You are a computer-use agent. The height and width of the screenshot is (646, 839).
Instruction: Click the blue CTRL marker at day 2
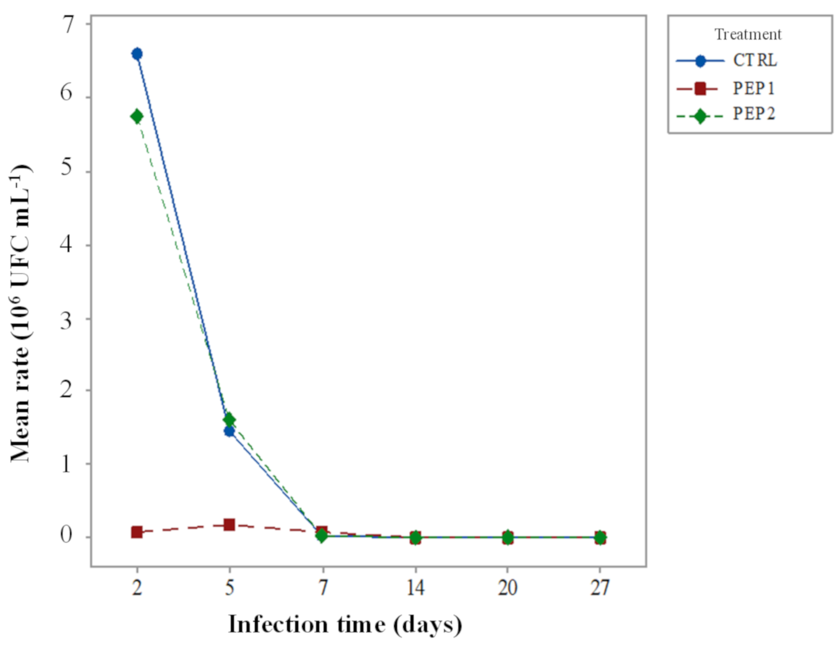[x=137, y=54]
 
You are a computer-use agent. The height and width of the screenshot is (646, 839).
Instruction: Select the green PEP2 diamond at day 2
[x=137, y=116]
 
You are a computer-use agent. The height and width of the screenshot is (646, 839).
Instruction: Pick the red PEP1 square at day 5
[x=229, y=525]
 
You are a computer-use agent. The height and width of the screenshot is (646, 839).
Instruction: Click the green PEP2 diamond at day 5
[x=229, y=420]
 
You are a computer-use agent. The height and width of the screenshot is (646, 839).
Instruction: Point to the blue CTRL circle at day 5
[x=229, y=432]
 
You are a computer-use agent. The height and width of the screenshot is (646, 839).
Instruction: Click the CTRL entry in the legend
[x=754, y=61]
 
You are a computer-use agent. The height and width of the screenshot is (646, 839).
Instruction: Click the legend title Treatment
[x=748, y=35]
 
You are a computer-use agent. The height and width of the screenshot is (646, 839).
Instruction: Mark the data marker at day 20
[x=508, y=537]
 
